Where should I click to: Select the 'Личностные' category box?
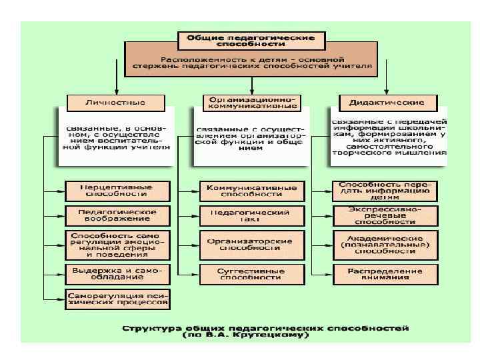[x=116, y=102]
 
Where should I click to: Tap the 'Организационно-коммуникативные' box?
[x=251, y=102]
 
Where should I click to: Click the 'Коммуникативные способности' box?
[x=251, y=191]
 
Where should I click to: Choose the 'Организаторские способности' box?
[x=251, y=243]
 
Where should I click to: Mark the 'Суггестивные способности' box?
[x=251, y=273]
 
